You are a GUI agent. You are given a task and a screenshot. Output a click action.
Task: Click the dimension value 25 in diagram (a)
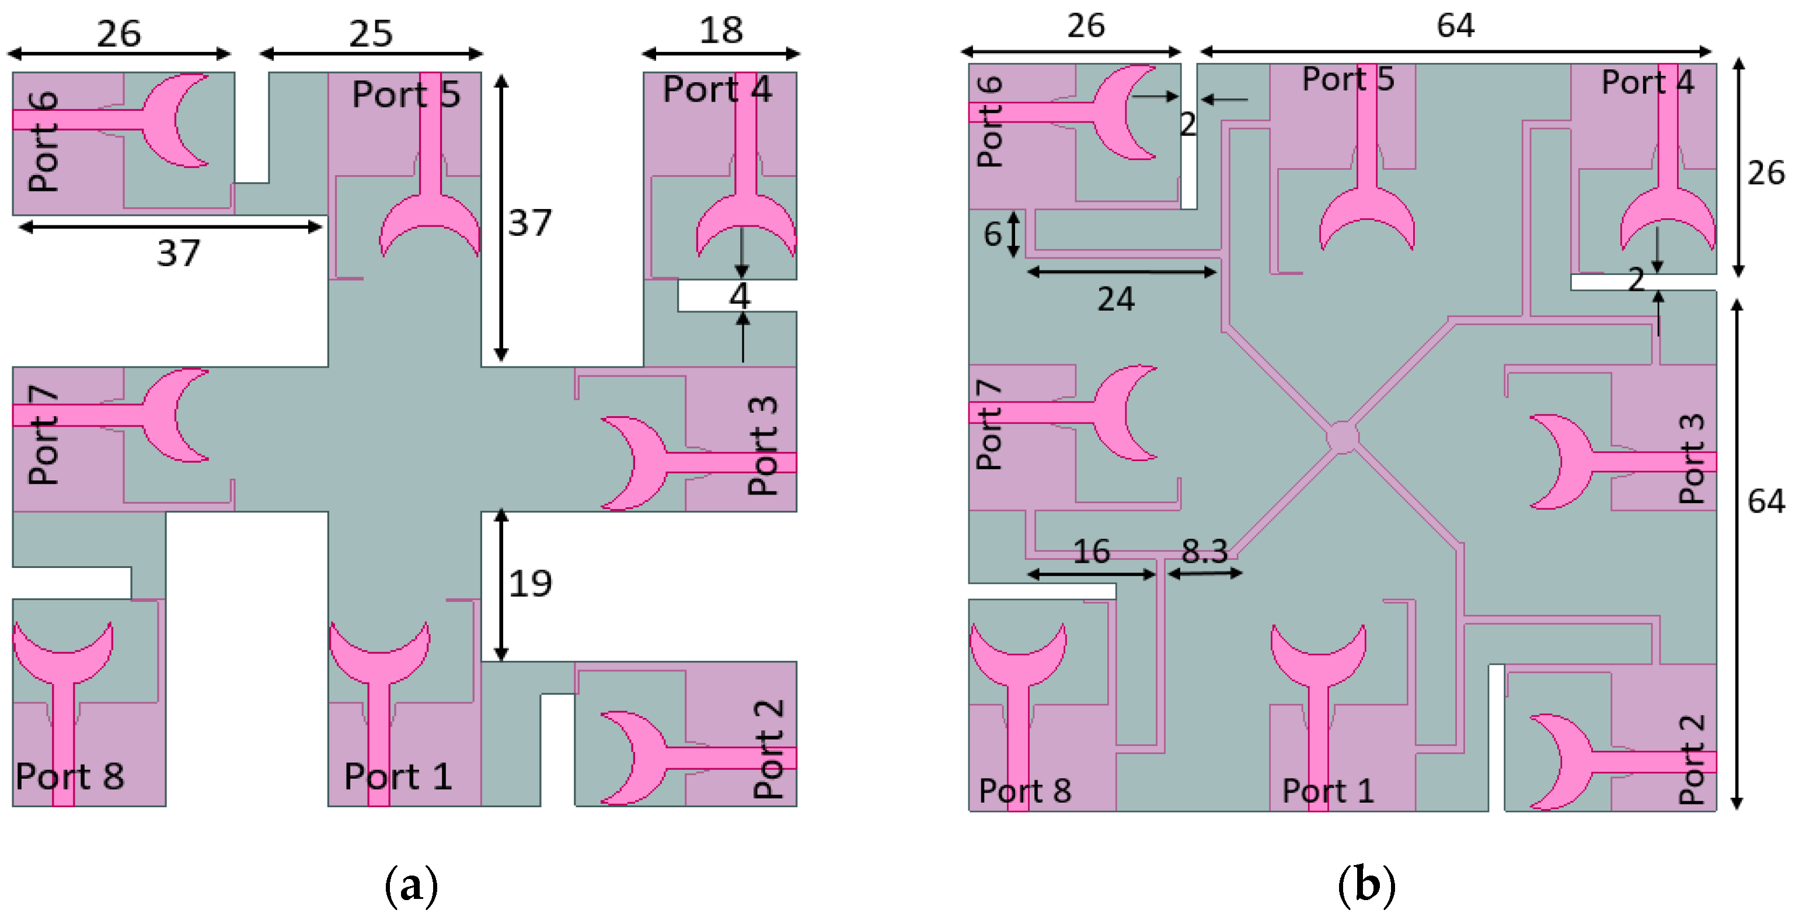pyautogui.click(x=371, y=33)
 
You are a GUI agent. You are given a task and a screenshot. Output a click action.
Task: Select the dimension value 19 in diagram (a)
pyautogui.click(x=530, y=583)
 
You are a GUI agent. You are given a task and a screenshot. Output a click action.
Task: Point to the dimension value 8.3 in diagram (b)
pyautogui.click(x=1204, y=551)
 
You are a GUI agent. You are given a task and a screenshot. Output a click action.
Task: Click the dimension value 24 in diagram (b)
pyautogui.click(x=1115, y=299)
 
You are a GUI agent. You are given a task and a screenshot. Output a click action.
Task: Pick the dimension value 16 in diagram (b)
pyautogui.click(x=1091, y=551)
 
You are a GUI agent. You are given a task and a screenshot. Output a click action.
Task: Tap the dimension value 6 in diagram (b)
pyautogui.click(x=992, y=234)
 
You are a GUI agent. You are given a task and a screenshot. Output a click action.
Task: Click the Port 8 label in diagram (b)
pyautogui.click(x=1024, y=790)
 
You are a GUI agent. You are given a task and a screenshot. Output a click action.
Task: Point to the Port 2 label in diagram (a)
pyautogui.click(x=768, y=749)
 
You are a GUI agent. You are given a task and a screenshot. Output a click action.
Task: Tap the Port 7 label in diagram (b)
pyautogui.click(x=989, y=424)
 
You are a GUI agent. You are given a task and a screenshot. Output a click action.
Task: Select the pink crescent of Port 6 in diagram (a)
pyautogui.click(x=164, y=120)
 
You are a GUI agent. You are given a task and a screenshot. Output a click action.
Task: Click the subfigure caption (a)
pyautogui.click(x=412, y=885)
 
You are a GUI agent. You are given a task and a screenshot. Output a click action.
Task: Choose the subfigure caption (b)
pyautogui.click(x=1366, y=885)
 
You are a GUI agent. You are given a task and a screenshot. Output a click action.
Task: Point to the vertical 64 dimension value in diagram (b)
pyautogui.click(x=1766, y=501)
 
